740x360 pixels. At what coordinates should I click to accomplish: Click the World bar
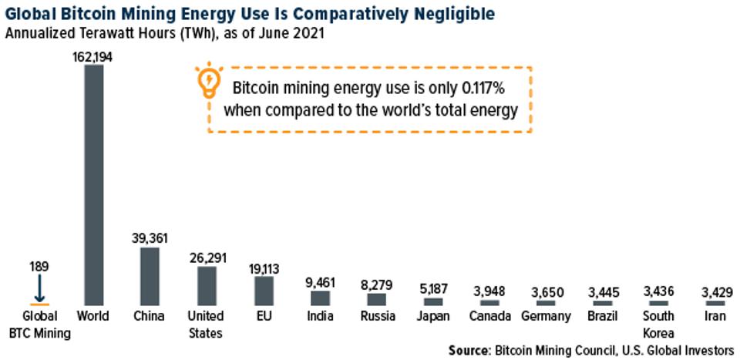pyautogui.click(x=94, y=185)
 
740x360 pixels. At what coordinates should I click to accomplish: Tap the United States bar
pyautogui.click(x=207, y=285)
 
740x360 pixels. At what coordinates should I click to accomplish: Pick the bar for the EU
pyautogui.click(x=264, y=291)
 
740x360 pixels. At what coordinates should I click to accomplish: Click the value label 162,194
pyautogui.click(x=94, y=57)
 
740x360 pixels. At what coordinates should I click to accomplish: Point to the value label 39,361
pyautogui.click(x=150, y=239)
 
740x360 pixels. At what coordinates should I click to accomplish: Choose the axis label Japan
pyautogui.click(x=433, y=316)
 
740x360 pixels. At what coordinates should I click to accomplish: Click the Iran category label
pyautogui.click(x=715, y=316)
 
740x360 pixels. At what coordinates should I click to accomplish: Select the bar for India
pyautogui.click(x=320, y=298)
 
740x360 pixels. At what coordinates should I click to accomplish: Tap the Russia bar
pyautogui.click(x=376, y=299)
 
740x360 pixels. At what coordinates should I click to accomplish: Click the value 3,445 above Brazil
pyautogui.click(x=603, y=293)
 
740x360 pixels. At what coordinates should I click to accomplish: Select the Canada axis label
pyautogui.click(x=489, y=316)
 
